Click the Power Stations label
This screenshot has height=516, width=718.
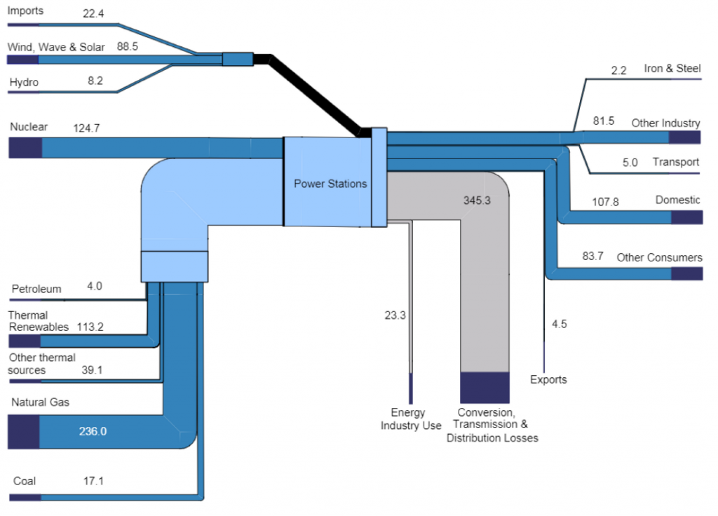click(x=330, y=184)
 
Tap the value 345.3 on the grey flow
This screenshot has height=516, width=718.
click(x=477, y=201)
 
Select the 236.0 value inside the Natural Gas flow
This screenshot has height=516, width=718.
click(x=93, y=431)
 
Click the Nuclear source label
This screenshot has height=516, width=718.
click(x=29, y=127)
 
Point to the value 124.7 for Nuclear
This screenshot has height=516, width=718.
click(x=86, y=128)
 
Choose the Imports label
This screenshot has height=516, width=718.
click(x=25, y=11)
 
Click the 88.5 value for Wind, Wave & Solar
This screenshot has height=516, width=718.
click(x=128, y=47)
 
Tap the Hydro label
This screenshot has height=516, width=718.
click(x=24, y=83)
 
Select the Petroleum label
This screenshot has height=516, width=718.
click(x=36, y=289)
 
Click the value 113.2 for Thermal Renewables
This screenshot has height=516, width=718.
click(x=90, y=327)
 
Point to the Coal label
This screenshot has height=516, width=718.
click(x=25, y=481)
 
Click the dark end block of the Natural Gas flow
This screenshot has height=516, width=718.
click(x=23, y=431)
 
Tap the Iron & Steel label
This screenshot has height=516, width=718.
click(x=672, y=69)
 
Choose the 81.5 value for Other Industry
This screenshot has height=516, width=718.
click(x=604, y=121)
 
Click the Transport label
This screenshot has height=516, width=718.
click(x=676, y=162)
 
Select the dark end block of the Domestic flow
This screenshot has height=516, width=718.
click(x=687, y=217)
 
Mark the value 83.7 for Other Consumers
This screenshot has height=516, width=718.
click(x=592, y=256)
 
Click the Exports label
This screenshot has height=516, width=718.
click(x=548, y=379)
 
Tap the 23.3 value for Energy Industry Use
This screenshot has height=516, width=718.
click(x=395, y=315)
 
